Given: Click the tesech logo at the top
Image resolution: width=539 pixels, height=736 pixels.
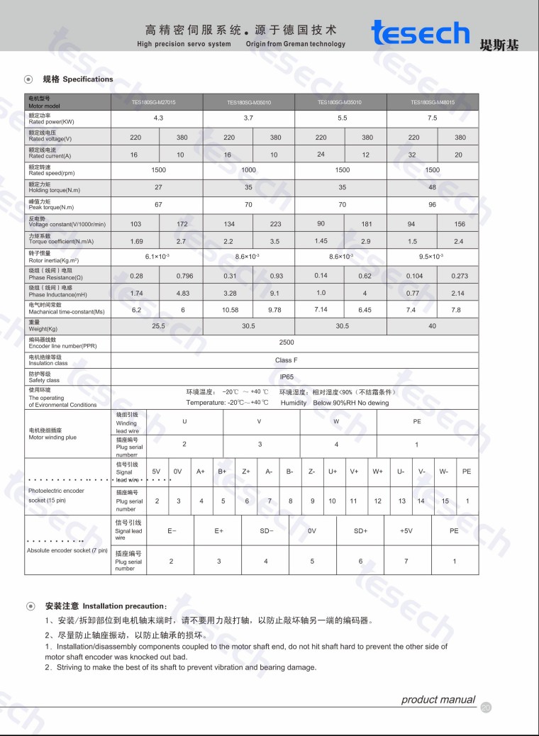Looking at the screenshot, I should (x=420, y=33).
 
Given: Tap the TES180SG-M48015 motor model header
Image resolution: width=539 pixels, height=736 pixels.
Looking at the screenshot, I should (x=432, y=102).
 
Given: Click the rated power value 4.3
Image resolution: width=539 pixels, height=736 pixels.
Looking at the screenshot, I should (x=158, y=118).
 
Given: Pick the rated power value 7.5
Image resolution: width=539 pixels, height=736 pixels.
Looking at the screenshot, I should (x=432, y=118).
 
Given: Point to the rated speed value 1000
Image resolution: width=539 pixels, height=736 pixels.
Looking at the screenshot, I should (x=248, y=170).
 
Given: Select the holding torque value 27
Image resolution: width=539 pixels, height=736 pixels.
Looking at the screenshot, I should (x=158, y=188).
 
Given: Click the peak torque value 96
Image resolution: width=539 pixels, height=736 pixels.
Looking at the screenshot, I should (x=432, y=205).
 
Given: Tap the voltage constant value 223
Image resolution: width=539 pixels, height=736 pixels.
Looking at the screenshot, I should (x=275, y=223).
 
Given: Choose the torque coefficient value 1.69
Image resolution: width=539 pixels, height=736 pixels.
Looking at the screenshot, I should (x=136, y=241).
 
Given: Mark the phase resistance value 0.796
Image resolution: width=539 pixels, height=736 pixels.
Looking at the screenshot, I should (x=184, y=276).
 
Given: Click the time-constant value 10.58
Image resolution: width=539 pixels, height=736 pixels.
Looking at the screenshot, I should (x=230, y=310).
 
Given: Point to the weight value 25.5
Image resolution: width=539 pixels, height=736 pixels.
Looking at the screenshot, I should (x=158, y=326).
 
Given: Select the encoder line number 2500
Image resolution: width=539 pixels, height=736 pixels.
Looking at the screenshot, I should (x=287, y=342).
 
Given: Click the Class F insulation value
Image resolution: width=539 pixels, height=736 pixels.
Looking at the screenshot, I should (x=287, y=360).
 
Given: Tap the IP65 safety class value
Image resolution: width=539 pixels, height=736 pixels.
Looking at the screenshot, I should (x=287, y=378).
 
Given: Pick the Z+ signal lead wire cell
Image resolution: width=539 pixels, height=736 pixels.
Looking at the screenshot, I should (x=246, y=472).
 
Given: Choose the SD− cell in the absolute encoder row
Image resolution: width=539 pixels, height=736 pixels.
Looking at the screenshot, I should (x=266, y=530).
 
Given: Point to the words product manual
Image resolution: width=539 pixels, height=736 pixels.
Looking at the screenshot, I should (x=438, y=700).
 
